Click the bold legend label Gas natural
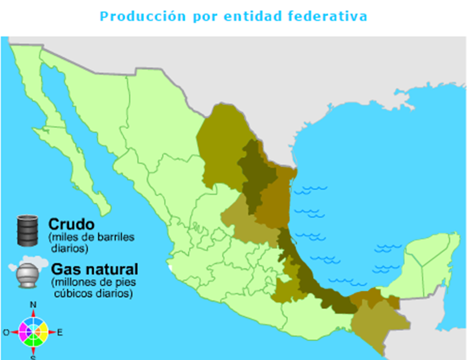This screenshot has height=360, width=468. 95,269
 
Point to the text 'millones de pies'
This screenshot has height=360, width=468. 91,283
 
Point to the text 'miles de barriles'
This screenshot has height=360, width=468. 91,237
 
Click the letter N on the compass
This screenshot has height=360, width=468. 33,305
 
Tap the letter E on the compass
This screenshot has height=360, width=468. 59,332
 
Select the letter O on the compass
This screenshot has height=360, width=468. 6,332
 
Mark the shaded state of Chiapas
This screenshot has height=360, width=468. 371,322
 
